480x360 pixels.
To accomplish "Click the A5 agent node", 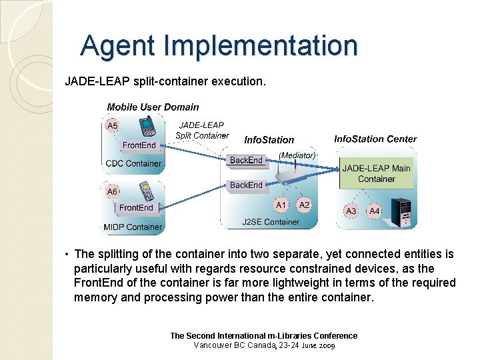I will pos(113,126).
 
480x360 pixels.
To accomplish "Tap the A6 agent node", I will pos(113,191).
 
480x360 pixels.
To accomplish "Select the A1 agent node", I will pos(281,205).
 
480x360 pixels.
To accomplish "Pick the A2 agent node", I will pos(305,205).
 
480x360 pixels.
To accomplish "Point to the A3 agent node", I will pos(351,211).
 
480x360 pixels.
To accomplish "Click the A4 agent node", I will pos(375,211).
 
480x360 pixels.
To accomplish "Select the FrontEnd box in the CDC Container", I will pos(139,145).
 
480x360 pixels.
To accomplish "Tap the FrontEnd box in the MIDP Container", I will pos(136,208).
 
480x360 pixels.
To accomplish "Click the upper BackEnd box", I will pos(246,160).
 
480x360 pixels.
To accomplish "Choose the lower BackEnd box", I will pos(246,185).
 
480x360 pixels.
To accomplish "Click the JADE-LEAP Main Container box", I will pos(377,173).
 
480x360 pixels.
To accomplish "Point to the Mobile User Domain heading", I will pos(153,107).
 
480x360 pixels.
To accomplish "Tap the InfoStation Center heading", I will pos(375,139).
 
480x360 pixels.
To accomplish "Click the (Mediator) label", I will pos(297,155).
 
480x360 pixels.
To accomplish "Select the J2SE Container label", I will pos(271,222).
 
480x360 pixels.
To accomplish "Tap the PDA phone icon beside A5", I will pos(147,125).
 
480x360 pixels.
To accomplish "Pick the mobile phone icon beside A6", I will pos(147,191).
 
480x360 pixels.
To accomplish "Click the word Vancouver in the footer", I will pos(215,345).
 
